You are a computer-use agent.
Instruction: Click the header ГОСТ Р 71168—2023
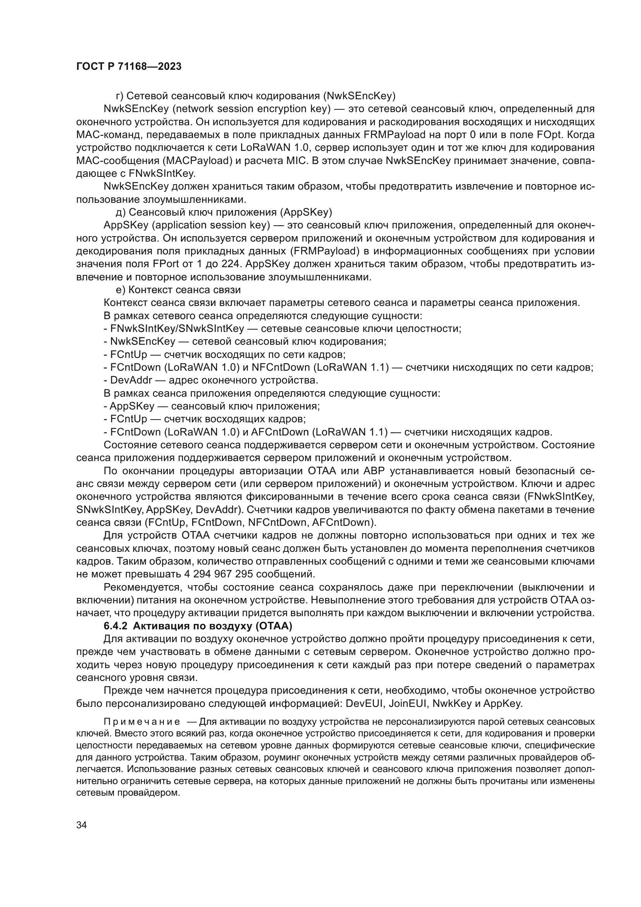click(129, 67)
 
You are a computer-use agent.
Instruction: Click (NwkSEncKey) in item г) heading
click(359, 96)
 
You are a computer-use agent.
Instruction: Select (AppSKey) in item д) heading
click(306, 212)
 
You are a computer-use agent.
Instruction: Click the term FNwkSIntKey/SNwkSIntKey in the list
click(177, 329)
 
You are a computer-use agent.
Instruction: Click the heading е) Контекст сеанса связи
click(178, 290)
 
